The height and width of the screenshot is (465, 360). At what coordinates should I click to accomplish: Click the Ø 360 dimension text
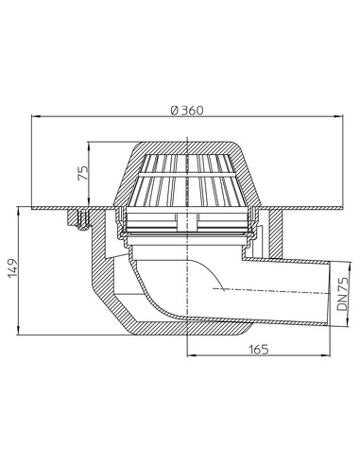click(186, 110)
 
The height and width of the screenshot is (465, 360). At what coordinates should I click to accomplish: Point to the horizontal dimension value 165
click(260, 349)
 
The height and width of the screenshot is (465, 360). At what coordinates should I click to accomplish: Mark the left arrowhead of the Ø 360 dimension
click(36, 117)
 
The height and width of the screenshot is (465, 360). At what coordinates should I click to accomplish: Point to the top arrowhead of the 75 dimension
click(90, 146)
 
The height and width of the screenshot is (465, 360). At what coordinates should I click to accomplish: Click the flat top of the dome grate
click(187, 146)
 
